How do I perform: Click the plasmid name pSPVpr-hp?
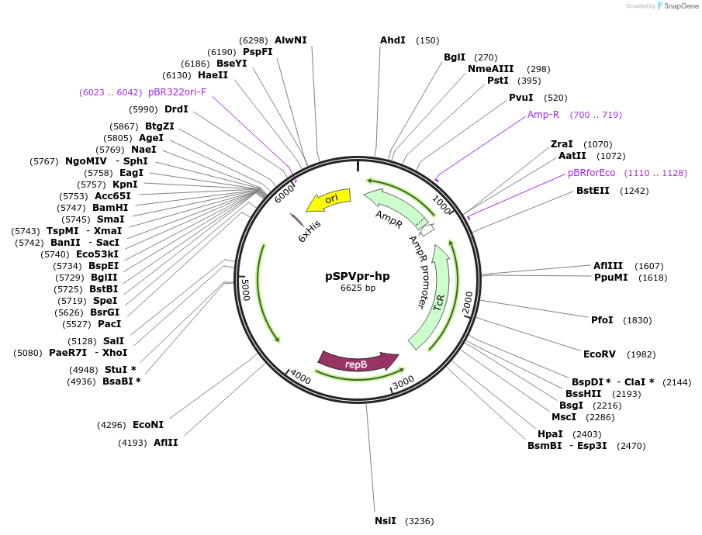tap(358, 275)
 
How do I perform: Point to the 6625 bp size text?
tap(358, 288)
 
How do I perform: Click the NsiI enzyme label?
tap(386, 521)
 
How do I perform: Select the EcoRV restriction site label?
tap(600, 354)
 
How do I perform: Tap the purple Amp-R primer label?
tap(543, 115)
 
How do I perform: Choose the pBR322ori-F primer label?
tap(178, 91)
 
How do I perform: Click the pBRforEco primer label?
tap(591, 173)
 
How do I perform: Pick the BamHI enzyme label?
tap(110, 208)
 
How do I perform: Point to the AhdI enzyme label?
tap(392, 40)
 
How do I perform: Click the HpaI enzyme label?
tap(550, 434)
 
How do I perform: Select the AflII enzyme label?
tap(165, 443)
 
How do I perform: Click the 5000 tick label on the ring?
tap(246, 291)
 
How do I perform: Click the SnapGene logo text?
tap(680, 6)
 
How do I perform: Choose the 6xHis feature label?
tap(310, 231)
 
